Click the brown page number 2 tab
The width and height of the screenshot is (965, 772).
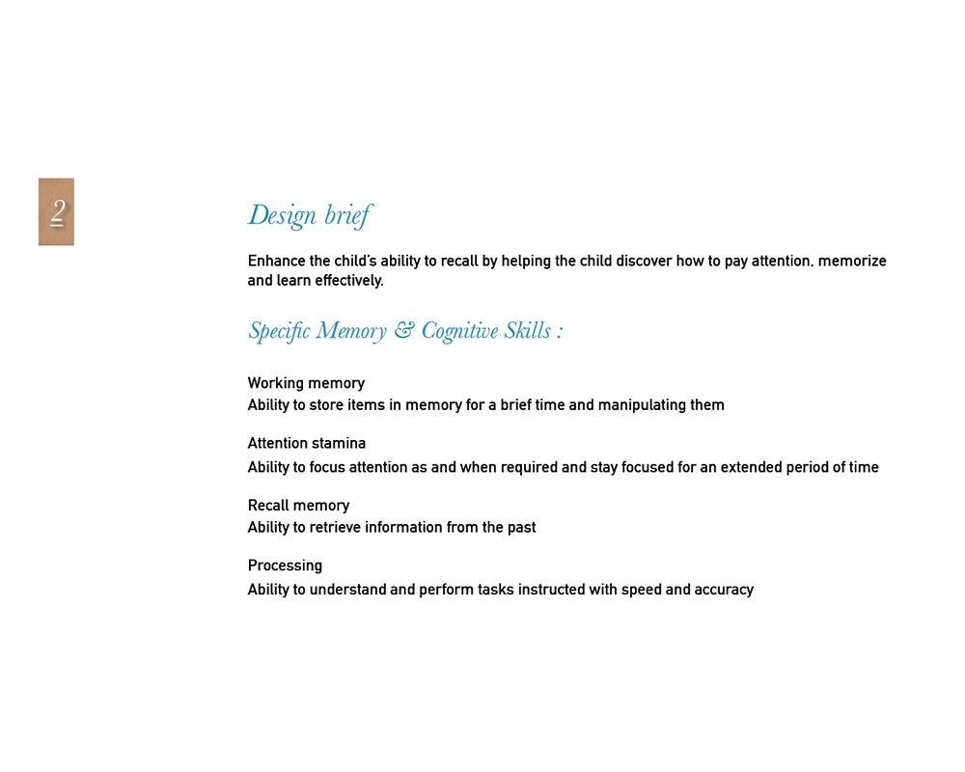[x=56, y=211]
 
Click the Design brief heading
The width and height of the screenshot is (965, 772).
[x=309, y=215]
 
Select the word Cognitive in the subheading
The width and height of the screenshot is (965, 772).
[x=459, y=332]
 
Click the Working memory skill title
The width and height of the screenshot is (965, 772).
[x=306, y=383]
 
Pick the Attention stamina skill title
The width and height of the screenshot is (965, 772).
[x=306, y=444]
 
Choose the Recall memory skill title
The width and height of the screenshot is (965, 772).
[x=298, y=506]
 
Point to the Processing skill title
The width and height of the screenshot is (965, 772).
[x=285, y=565]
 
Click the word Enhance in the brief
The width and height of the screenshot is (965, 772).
[x=276, y=262]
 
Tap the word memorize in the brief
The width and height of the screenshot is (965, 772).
[x=852, y=262]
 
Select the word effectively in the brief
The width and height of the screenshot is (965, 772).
[x=348, y=281]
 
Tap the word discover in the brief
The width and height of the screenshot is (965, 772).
[x=644, y=262]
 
